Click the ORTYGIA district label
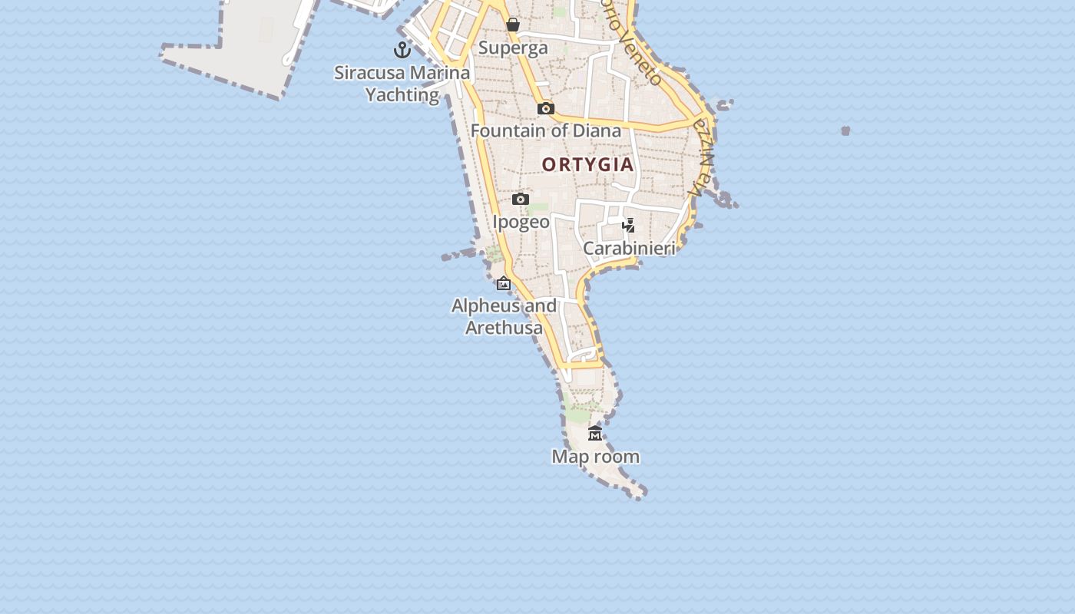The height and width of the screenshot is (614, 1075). [587, 164]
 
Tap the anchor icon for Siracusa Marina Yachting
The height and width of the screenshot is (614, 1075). [402, 51]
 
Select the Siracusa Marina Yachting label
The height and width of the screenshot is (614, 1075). [402, 84]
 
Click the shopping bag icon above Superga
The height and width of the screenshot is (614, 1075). [513, 25]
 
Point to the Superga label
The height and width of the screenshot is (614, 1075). [513, 48]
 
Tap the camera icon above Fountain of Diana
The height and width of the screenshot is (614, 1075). [546, 108]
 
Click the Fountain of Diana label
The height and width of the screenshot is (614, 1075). [545, 130]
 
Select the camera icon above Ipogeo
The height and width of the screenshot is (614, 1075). [521, 200]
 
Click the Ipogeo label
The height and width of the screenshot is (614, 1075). [521, 222]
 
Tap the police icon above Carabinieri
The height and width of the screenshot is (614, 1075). [629, 226]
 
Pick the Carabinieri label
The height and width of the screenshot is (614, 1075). [629, 248]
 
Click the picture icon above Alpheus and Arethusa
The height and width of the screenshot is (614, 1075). [504, 284]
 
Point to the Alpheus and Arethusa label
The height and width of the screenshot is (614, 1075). [504, 316]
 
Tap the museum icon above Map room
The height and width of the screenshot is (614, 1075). [595, 434]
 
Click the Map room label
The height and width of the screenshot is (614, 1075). [595, 457]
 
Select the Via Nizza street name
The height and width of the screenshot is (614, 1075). [702, 157]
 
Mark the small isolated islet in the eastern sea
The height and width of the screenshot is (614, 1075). [845, 131]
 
